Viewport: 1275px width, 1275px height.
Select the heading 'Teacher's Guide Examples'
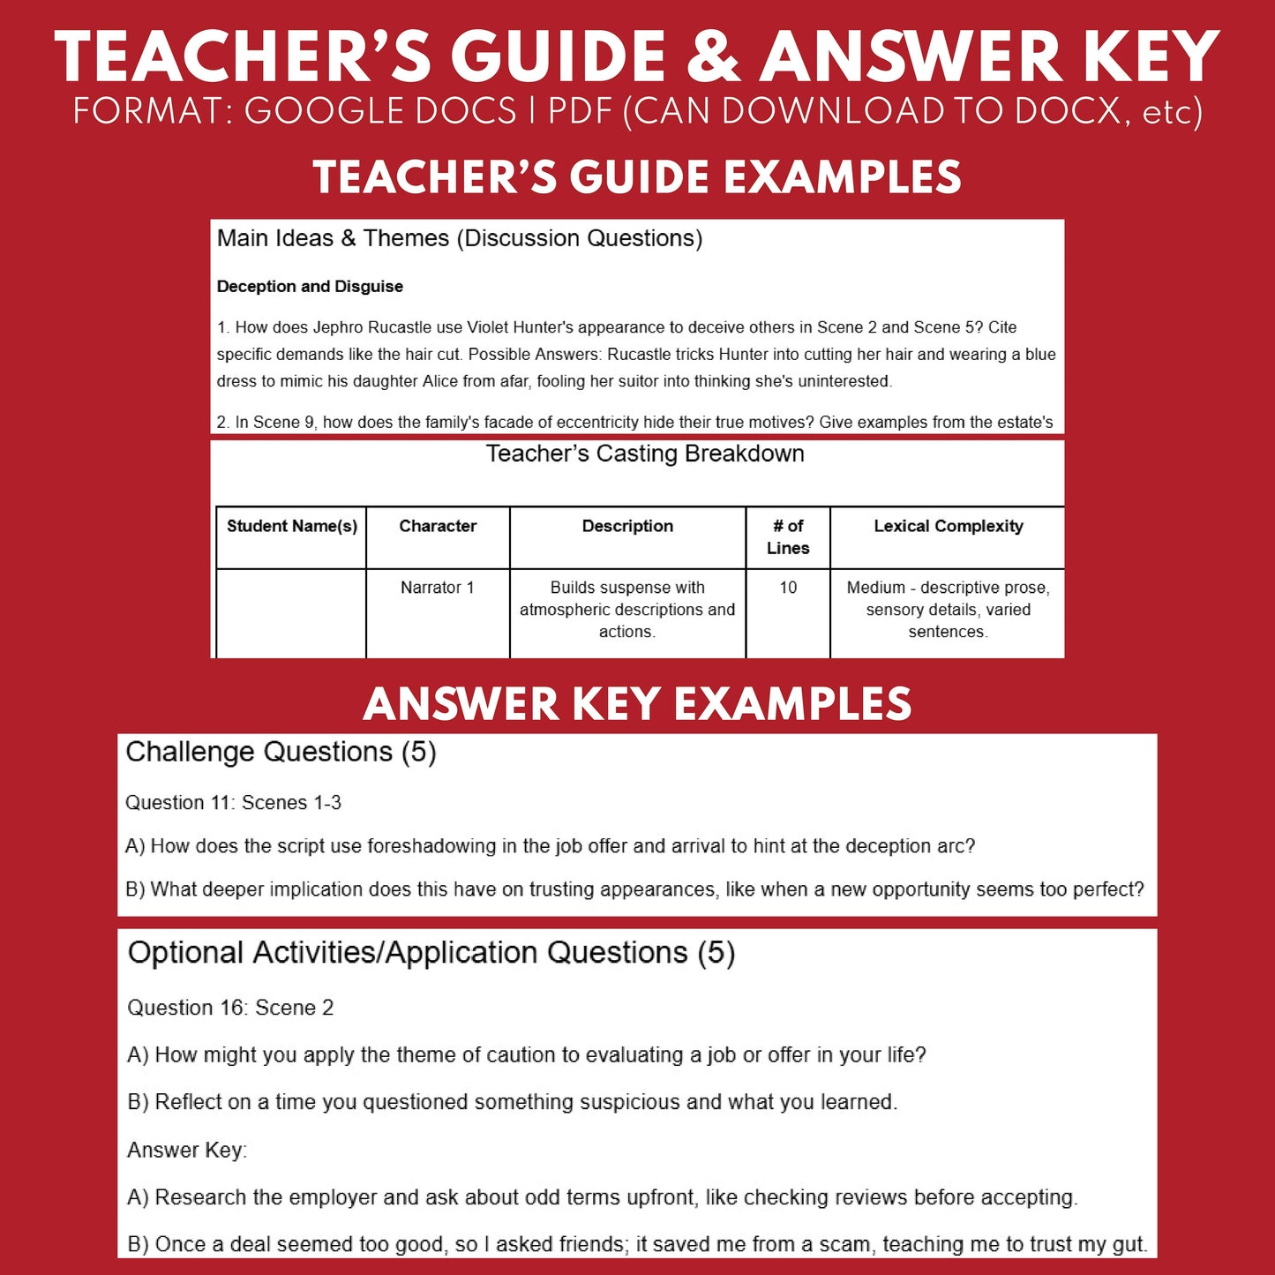pos(637,177)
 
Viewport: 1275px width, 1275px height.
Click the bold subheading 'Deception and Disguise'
pos(310,287)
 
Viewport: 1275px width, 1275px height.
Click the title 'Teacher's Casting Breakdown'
pos(645,454)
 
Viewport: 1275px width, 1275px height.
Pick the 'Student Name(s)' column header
pos(292,527)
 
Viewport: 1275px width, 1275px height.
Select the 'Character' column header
pos(438,527)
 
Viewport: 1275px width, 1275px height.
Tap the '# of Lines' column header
pos(788,536)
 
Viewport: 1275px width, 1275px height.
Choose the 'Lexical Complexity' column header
pos(949,527)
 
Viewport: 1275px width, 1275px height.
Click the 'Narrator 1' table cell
pos(438,588)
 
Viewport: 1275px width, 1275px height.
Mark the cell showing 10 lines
pos(788,588)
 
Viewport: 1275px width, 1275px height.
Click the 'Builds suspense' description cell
pos(627,610)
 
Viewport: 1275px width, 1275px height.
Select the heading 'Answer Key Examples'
pos(637,704)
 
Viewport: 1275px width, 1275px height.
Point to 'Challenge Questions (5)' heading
pos(281,752)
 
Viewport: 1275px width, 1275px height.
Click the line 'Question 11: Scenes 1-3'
pos(233,803)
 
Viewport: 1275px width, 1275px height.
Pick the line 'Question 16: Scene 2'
pos(230,1008)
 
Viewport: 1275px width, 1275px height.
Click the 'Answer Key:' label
pos(187,1150)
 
